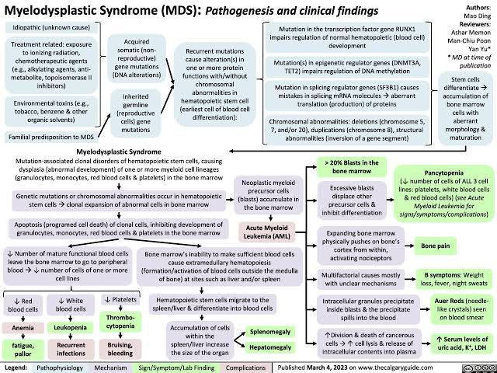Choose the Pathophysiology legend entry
tap(59, 366)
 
